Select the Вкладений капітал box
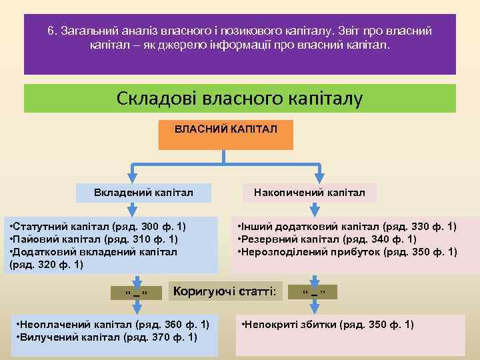(144, 193)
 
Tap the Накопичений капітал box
(309, 193)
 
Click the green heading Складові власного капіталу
(240, 98)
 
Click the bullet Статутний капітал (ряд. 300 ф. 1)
(97, 227)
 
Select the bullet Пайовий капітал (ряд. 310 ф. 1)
(93, 239)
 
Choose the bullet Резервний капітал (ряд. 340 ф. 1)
(327, 239)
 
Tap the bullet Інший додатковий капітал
(347, 227)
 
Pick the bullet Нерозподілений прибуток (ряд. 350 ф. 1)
(347, 252)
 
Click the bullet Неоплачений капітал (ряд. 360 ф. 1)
(111, 325)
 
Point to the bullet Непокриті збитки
(327, 325)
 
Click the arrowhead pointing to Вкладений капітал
(135, 178)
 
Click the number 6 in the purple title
(51, 31)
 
